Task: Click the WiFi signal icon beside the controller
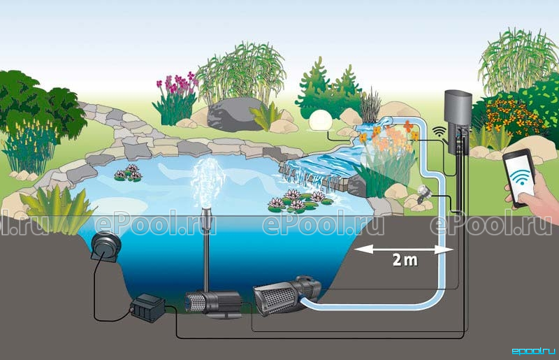440,131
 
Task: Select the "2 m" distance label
405,259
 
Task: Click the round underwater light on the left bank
106,246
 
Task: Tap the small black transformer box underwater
147,308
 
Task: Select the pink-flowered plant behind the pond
175,97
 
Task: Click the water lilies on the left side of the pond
129,173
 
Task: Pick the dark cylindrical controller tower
458,122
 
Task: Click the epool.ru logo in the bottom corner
533,351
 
